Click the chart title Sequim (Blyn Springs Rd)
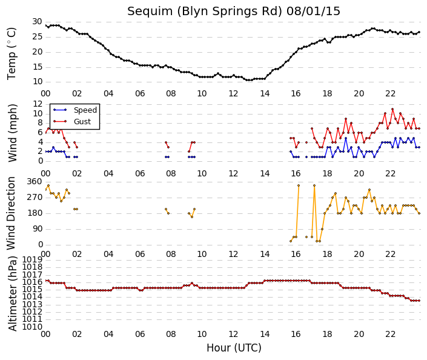click(x=204, y=12)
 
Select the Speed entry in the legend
click(x=85, y=110)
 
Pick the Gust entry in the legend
click(x=82, y=122)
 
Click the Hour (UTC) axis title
click(x=234, y=348)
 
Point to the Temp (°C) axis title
click(x=12, y=53)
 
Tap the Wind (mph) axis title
click(x=12, y=133)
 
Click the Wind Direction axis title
click(x=11, y=213)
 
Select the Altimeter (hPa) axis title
click(x=13, y=293)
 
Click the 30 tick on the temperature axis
click(x=37, y=22)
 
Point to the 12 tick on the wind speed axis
click(x=38, y=104)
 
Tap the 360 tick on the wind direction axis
click(x=35, y=181)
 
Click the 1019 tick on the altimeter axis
click(x=32, y=259)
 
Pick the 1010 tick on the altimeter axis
click(x=32, y=327)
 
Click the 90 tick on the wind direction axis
click(x=38, y=228)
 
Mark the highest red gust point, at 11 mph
click(x=392, y=109)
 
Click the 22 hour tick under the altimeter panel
click(x=390, y=334)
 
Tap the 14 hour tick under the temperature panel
click(x=265, y=94)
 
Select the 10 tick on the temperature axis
click(x=38, y=81)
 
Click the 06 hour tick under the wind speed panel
click(x=140, y=173)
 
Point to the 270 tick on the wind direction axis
click(x=35, y=197)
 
